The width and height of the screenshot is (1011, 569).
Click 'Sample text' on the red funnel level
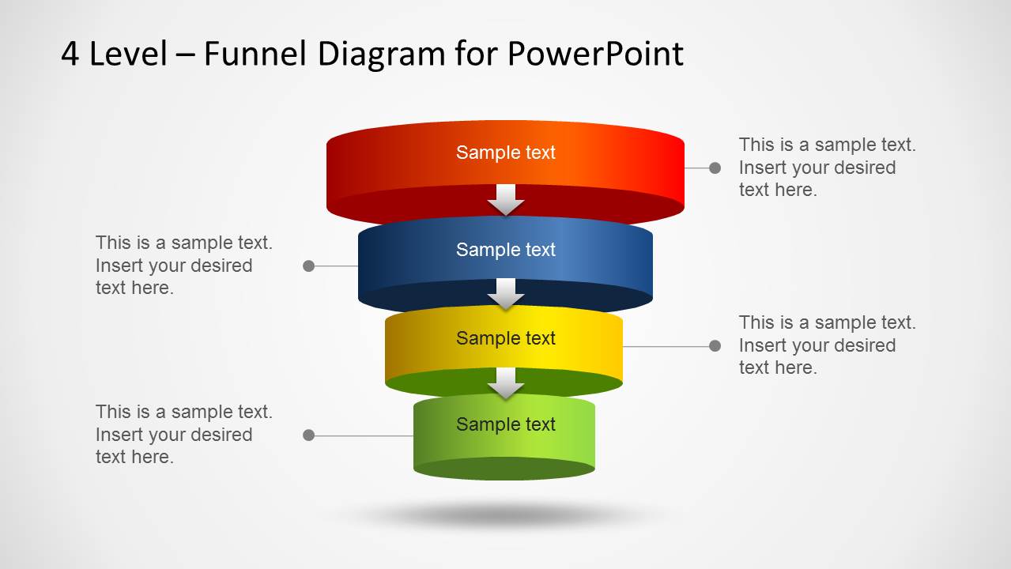click(x=506, y=153)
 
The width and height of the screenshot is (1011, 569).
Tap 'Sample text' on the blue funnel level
click(x=506, y=250)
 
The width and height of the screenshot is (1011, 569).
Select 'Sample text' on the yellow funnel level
click(x=506, y=338)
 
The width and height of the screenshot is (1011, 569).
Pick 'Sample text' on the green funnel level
click(x=506, y=424)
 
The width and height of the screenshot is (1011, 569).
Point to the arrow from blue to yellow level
click(x=506, y=294)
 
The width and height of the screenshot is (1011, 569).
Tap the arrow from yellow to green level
click(x=506, y=384)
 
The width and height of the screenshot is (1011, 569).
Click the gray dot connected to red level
click(x=715, y=168)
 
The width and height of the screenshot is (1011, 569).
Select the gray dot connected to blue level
click(x=309, y=266)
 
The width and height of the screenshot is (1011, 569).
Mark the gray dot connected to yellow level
click(x=715, y=345)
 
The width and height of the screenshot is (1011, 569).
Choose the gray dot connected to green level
click(x=309, y=435)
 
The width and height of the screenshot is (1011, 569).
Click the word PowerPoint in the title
click(x=594, y=54)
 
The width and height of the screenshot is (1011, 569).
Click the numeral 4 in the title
click(x=70, y=54)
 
